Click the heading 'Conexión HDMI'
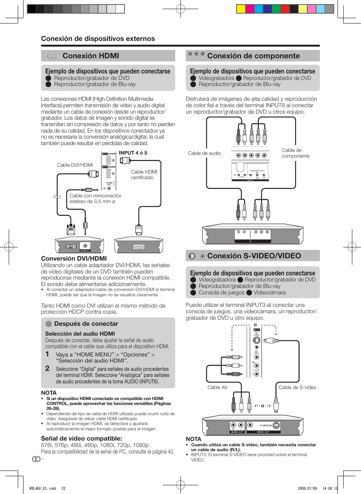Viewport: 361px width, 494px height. (x=90, y=56)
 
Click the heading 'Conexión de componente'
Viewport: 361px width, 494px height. (x=253, y=56)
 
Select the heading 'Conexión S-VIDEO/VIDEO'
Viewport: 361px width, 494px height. (x=254, y=256)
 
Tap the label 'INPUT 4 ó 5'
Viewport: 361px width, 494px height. (x=133, y=153)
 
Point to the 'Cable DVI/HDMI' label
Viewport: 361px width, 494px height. (x=75, y=165)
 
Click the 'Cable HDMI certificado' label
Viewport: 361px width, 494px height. (x=144, y=175)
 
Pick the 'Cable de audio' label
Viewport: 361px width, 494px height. (x=204, y=153)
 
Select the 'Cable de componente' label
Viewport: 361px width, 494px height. (x=295, y=153)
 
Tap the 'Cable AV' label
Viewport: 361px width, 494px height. (x=218, y=388)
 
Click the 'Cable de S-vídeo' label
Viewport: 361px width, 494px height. (x=297, y=388)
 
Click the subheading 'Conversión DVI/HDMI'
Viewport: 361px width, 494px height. (x=74, y=259)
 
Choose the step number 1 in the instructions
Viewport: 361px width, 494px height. (x=47, y=354)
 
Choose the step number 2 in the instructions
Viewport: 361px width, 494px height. (x=47, y=368)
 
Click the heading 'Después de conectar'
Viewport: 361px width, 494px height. (x=86, y=324)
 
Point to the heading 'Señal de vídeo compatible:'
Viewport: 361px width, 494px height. (x=81, y=439)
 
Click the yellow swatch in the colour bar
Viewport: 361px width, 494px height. (x=241, y=9)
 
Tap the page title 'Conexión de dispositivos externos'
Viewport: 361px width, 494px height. (x=98, y=39)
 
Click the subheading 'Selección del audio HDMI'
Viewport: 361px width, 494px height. (x=80, y=334)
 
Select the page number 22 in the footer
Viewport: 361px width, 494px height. (x=64, y=488)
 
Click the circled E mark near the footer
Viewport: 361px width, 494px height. (x=36, y=459)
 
